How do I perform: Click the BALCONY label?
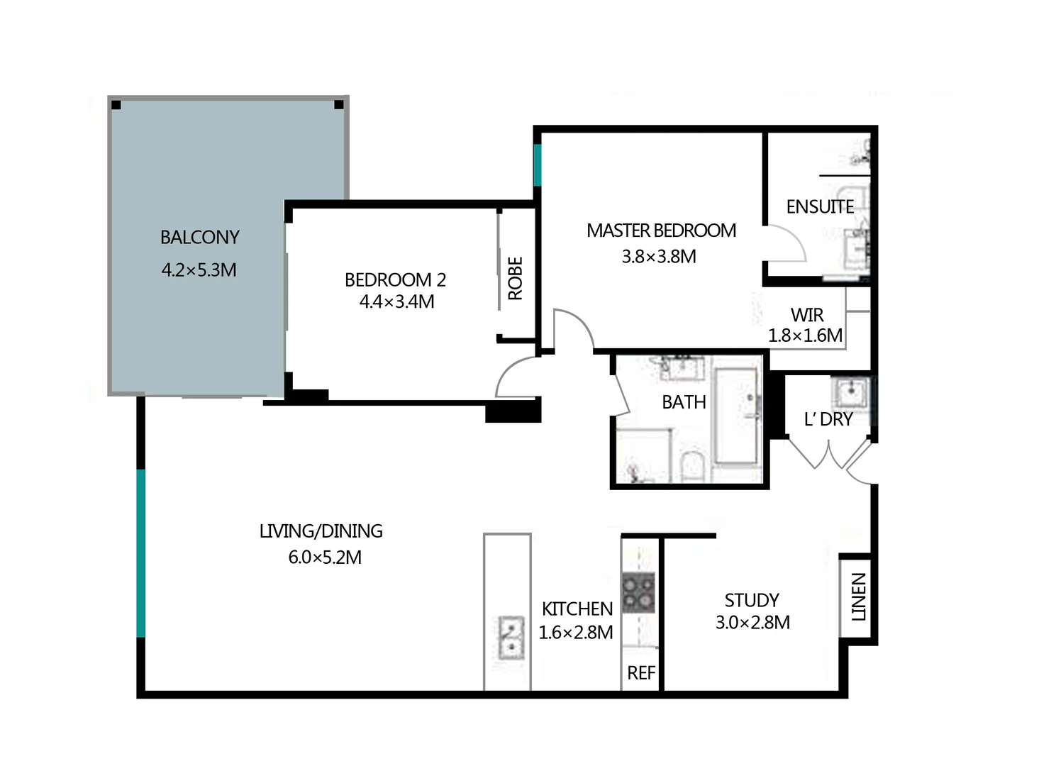click(x=199, y=237)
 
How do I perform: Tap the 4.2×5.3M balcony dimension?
click(x=199, y=270)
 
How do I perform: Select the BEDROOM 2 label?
click(x=395, y=279)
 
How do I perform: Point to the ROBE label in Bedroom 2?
click(x=516, y=278)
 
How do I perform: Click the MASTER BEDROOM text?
click(x=661, y=231)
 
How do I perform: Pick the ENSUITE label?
click(x=819, y=206)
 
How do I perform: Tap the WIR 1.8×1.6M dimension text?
click(x=806, y=335)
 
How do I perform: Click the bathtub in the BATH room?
click(x=736, y=416)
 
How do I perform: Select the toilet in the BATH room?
click(x=690, y=467)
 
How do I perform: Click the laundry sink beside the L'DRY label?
click(x=850, y=391)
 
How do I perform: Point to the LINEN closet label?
click(x=858, y=596)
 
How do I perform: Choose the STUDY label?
click(x=752, y=600)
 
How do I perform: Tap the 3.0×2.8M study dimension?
click(x=752, y=622)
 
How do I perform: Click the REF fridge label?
click(x=641, y=672)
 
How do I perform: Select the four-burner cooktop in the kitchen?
click(x=638, y=593)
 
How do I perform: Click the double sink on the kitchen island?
click(x=508, y=638)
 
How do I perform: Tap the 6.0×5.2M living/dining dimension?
click(x=324, y=557)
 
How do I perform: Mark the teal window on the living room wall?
click(x=140, y=553)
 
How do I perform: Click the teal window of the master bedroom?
click(x=538, y=165)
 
